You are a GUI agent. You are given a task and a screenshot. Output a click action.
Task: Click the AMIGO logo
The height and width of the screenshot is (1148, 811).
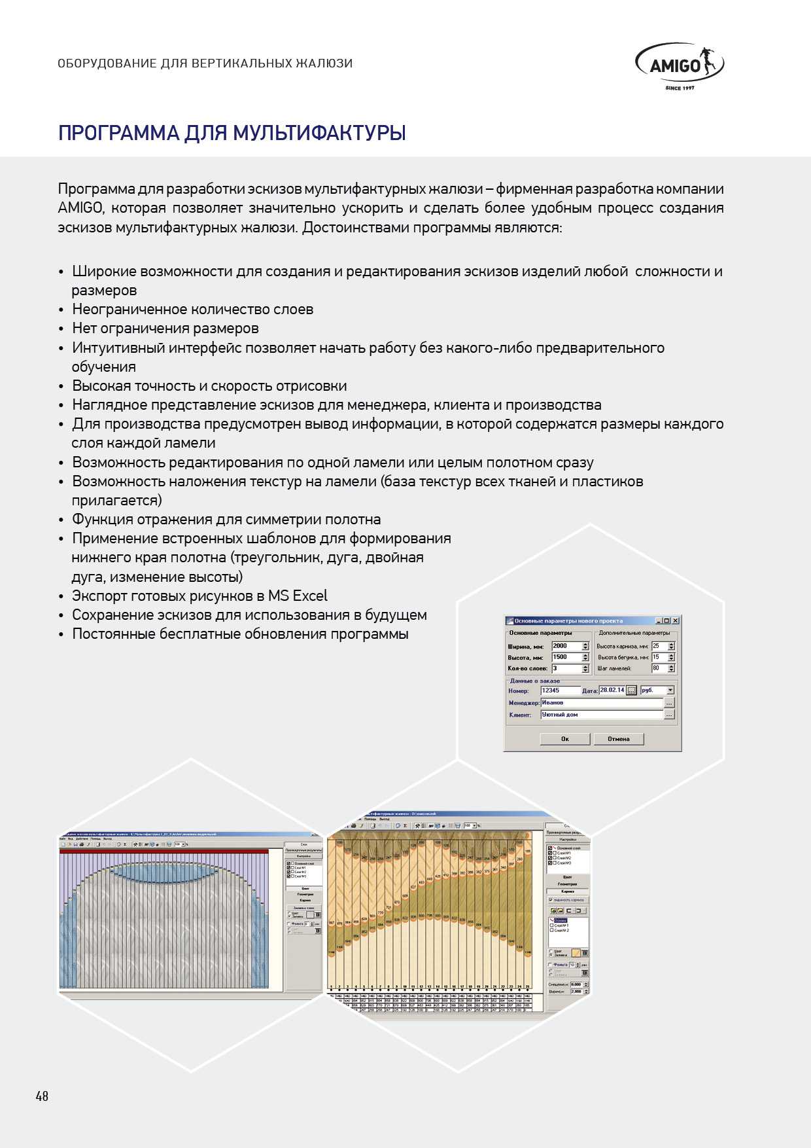[679, 65]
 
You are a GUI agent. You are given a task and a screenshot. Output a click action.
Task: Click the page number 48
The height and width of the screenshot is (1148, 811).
[42, 1096]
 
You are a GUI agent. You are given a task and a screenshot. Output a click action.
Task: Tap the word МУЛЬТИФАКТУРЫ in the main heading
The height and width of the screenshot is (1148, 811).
[319, 133]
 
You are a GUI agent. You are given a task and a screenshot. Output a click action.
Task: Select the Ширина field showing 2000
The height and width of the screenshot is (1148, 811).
[566, 646]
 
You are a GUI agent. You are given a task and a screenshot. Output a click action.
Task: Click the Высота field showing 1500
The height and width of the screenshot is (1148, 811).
[566, 657]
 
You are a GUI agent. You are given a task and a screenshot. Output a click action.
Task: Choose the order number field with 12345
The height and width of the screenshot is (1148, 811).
[560, 691]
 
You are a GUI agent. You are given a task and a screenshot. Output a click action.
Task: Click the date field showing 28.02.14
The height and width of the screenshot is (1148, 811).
[612, 691]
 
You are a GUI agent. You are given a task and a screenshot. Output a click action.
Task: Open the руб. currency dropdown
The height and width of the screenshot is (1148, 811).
[670, 691]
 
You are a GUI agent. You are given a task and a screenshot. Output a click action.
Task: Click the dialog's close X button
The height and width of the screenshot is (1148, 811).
[676, 620]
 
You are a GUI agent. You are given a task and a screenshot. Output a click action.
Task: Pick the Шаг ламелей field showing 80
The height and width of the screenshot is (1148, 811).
[659, 668]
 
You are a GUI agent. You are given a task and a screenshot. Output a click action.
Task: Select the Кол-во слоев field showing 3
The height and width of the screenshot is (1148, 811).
[566, 669]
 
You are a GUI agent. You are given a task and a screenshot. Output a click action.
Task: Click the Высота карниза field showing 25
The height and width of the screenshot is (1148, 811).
[659, 646]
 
